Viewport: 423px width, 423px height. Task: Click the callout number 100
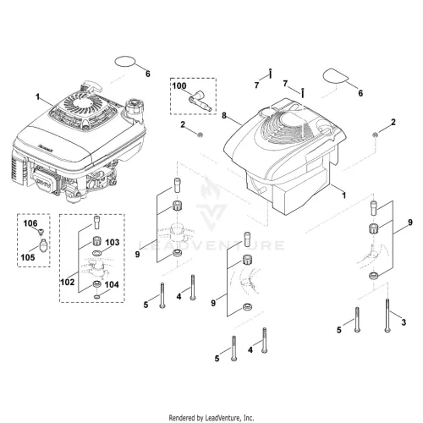179,85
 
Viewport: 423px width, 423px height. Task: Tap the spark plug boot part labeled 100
200,102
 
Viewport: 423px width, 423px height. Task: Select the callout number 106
30,223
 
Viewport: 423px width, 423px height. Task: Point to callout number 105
28,257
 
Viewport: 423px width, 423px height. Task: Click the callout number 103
113,242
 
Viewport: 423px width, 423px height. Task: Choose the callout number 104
112,284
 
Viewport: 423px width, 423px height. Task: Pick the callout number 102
68,282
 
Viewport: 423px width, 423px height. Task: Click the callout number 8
224,115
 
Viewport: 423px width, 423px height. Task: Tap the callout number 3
404,322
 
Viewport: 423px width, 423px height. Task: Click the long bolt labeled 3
387,316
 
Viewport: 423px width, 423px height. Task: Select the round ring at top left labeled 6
124,62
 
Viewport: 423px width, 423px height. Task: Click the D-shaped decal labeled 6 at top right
334,75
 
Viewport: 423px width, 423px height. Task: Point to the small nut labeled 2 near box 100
201,135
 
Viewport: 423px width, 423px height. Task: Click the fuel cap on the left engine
134,106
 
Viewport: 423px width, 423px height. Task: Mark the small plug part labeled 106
41,232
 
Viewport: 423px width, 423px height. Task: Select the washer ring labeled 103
96,252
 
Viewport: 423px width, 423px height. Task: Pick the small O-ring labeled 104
96,297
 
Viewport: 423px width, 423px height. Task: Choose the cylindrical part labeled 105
43,245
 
